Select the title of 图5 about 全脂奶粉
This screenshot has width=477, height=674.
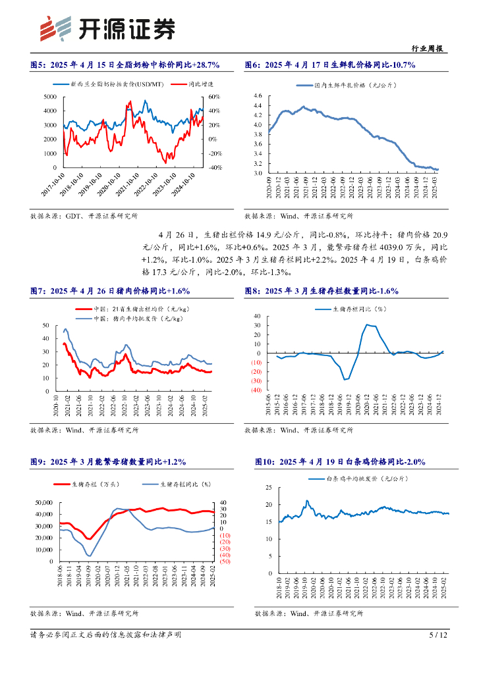(x=125, y=65)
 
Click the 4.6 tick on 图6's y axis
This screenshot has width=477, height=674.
(x=258, y=95)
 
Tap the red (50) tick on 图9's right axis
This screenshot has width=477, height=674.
(x=225, y=561)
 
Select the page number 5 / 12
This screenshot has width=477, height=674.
(x=438, y=635)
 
